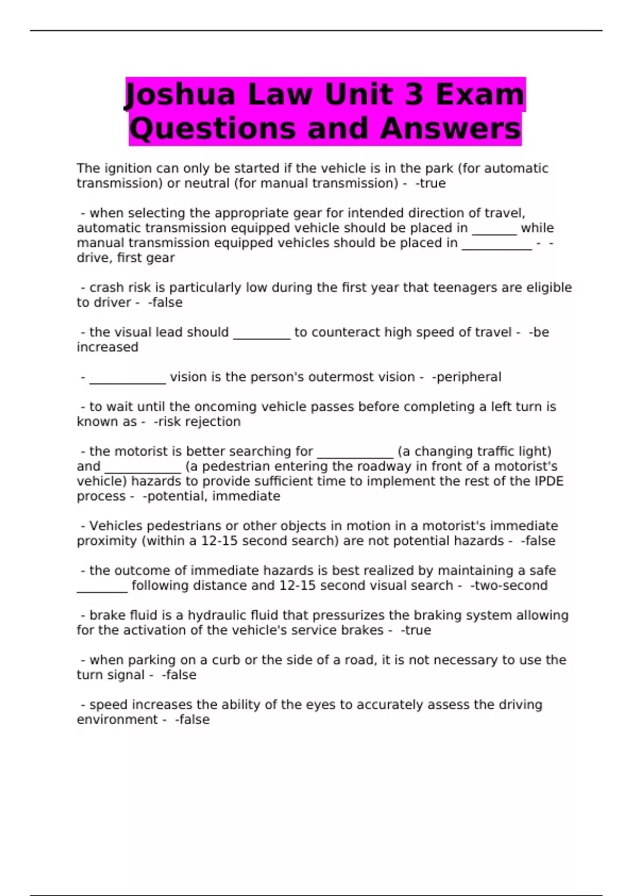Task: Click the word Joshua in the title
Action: click(179, 95)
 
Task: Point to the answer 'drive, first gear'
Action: click(126, 258)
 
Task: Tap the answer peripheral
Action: click(466, 377)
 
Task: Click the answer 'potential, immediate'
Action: click(212, 496)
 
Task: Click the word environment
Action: click(117, 720)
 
